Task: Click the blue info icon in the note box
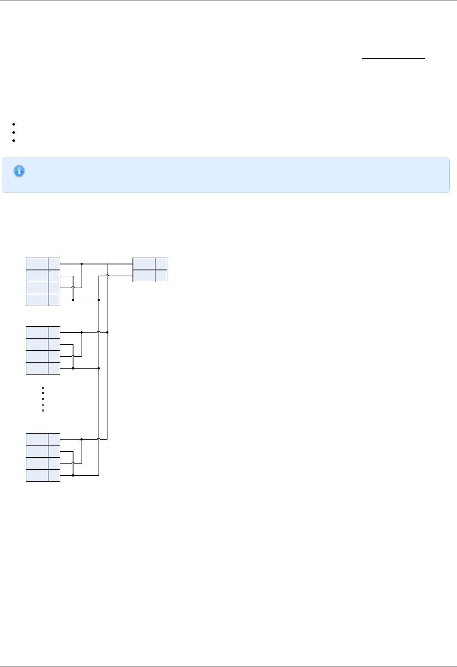[19, 171]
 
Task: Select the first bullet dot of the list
[14, 125]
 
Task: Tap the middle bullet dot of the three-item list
[14, 132]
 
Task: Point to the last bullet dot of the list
[14, 140]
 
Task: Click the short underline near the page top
[393, 58]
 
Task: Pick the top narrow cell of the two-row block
[161, 264]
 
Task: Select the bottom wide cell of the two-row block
[144, 276]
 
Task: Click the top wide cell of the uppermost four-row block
[37, 264]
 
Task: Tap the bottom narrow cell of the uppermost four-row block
[54, 300]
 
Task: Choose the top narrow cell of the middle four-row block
[54, 332]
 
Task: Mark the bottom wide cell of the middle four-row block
[37, 368]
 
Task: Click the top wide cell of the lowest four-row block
[37, 440]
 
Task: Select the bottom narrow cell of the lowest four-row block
[54, 475]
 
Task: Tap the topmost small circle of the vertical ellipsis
[43, 388]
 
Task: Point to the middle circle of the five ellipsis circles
[43, 399]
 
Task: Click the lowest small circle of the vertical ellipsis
[43, 410]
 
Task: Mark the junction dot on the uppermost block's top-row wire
[82, 264]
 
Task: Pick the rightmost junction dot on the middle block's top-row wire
[107, 332]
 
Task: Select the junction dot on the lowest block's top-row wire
[82, 440]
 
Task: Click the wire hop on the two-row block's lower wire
[107, 275]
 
